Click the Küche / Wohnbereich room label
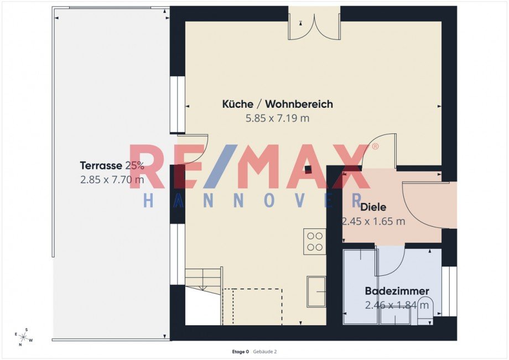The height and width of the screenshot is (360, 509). pyautogui.click(x=278, y=104)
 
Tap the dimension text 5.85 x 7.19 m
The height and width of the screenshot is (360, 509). pyautogui.click(x=278, y=118)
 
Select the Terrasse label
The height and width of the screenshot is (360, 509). pyautogui.click(x=101, y=165)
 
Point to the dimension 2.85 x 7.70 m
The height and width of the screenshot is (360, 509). pyautogui.click(x=112, y=179)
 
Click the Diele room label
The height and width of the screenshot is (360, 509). pyautogui.click(x=373, y=207)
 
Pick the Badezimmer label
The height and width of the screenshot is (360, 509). pyautogui.click(x=397, y=291)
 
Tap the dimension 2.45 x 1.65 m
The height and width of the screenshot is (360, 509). pyautogui.click(x=373, y=221)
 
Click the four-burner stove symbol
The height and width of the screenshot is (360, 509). pyautogui.click(x=315, y=242)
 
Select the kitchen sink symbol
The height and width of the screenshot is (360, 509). pyautogui.click(x=316, y=291)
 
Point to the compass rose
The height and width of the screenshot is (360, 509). pyautogui.click(x=24, y=337)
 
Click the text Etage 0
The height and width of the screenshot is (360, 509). pyautogui.click(x=240, y=352)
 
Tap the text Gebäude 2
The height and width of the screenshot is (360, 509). pyautogui.click(x=265, y=352)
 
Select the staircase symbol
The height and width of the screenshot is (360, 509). pyautogui.click(x=204, y=280)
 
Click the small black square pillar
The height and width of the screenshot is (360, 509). pyautogui.click(x=308, y=169)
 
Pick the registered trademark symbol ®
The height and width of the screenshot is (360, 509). pyautogui.click(x=375, y=147)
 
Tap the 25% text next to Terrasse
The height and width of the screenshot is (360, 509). pyautogui.click(x=134, y=165)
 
